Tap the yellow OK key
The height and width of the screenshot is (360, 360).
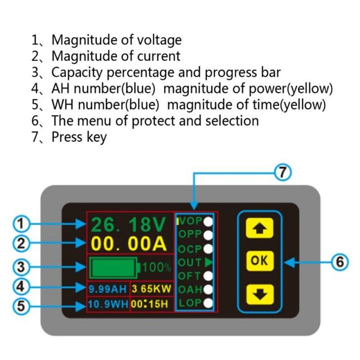point(259,261)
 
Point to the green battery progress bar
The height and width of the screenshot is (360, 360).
point(113,268)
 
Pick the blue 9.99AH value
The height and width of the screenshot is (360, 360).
point(108,288)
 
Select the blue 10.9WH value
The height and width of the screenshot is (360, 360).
point(108,304)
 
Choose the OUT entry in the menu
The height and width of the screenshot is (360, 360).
point(189,262)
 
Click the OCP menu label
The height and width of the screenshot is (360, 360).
point(189,248)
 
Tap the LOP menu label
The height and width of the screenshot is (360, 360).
point(189,303)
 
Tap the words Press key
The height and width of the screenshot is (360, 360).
point(79,136)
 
